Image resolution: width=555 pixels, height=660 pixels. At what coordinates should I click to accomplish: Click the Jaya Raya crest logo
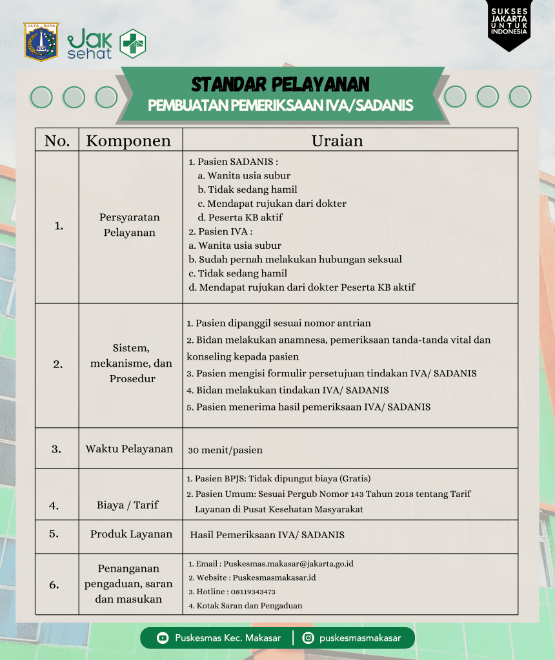(41, 42)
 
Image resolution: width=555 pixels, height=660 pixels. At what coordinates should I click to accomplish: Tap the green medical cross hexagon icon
(133, 44)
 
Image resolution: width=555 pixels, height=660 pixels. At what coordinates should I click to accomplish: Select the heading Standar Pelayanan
(280, 84)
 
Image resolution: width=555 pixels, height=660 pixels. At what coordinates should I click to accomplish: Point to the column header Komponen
(128, 141)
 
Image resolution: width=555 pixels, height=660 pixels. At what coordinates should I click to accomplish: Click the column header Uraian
(337, 141)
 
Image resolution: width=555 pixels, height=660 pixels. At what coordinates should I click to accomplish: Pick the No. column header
(57, 141)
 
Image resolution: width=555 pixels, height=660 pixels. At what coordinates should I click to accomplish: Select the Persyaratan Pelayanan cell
(130, 225)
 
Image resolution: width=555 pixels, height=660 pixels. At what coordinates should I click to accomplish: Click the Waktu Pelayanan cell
(129, 449)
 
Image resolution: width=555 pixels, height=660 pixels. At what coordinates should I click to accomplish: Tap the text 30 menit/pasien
(225, 450)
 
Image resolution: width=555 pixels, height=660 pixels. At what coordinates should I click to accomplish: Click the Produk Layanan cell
(131, 534)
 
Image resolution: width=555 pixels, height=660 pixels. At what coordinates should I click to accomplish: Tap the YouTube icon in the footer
(163, 638)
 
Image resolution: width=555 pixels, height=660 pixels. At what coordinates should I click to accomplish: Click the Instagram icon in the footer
(308, 638)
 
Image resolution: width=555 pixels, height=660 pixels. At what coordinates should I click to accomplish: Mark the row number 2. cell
(58, 364)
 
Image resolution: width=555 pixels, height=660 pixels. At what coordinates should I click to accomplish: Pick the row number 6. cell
(54, 585)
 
